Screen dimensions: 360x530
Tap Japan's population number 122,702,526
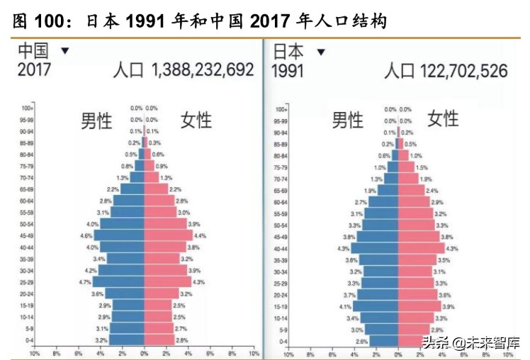point(446,70)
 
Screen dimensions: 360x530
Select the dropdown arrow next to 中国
point(65,51)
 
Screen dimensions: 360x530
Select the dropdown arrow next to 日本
point(321,52)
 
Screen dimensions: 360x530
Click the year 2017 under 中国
point(35,70)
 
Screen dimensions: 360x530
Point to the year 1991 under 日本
point(288,70)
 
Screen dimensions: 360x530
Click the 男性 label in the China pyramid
point(96,120)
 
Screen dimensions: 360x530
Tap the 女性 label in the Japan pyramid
point(443,118)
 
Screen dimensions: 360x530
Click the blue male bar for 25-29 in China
point(119,281)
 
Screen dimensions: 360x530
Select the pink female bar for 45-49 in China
point(168,235)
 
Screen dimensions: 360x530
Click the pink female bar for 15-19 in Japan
point(419,306)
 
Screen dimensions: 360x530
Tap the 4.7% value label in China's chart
point(86,281)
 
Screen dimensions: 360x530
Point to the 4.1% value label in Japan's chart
point(345,306)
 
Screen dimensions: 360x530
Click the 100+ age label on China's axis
point(27,108)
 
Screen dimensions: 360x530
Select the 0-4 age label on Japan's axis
point(281,341)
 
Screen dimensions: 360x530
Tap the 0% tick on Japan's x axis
point(398,352)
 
